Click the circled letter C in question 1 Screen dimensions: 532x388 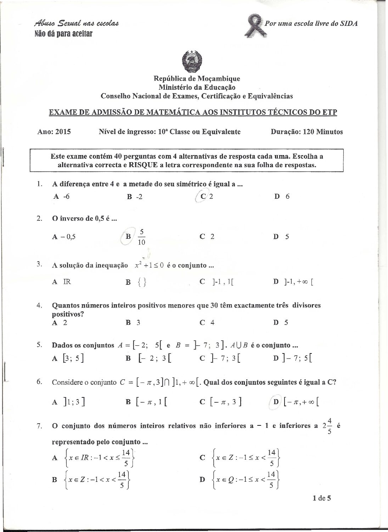(x=203, y=197)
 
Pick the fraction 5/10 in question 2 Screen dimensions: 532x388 (x=141, y=237)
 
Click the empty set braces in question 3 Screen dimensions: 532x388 (x=141, y=282)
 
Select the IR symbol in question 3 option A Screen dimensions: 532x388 (x=67, y=282)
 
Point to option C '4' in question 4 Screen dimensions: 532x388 (x=207, y=322)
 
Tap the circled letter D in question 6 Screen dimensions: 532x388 (x=276, y=402)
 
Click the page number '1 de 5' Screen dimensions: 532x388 (x=322, y=498)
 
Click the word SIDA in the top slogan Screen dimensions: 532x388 (x=349, y=23)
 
